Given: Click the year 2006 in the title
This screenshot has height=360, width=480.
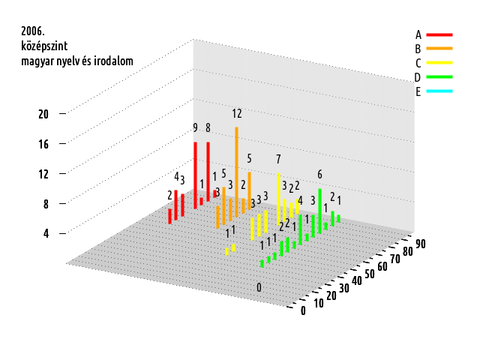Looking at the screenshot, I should (33, 31).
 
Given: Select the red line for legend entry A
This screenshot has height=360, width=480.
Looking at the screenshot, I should (439, 34).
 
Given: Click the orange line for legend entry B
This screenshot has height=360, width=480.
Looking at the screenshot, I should (439, 49).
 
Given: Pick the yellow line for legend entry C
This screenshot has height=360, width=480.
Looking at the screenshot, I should (439, 63).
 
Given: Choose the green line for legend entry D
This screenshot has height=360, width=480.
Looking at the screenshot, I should (439, 77).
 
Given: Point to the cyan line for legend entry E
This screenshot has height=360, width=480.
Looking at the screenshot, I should (439, 91).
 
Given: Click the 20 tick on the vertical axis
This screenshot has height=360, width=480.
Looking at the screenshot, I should (43, 114).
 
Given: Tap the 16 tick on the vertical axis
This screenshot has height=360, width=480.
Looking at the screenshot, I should (43, 143).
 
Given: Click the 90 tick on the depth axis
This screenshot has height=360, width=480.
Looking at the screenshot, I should (421, 244).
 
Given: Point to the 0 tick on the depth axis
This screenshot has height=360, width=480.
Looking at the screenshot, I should (303, 311).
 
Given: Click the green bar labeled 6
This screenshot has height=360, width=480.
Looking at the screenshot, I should (320, 210).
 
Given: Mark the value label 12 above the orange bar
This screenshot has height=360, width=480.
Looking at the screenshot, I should (237, 114).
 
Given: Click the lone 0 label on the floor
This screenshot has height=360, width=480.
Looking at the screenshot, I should (259, 288).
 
